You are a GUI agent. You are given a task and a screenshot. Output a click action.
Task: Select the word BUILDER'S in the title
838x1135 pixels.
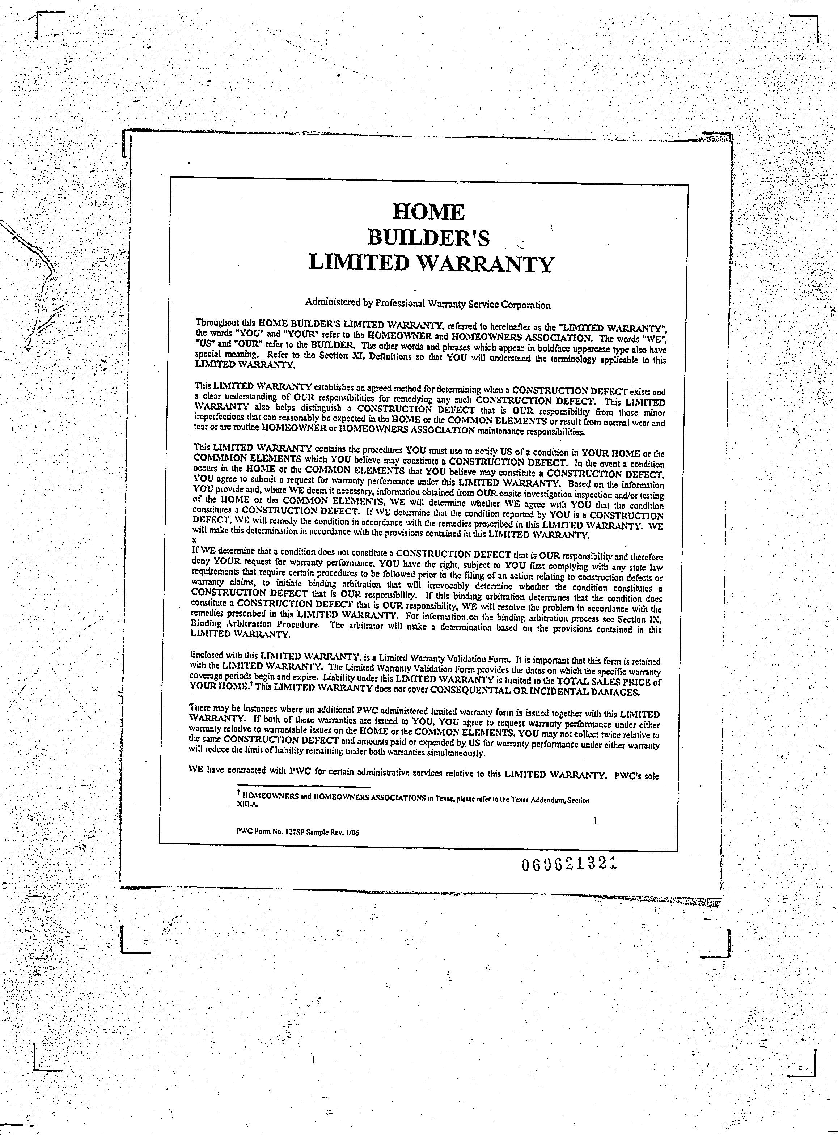click(x=429, y=237)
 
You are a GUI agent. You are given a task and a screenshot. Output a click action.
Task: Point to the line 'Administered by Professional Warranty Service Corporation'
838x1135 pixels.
click(x=428, y=304)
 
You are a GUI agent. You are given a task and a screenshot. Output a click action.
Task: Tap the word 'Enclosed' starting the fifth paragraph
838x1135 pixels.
click(x=207, y=655)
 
